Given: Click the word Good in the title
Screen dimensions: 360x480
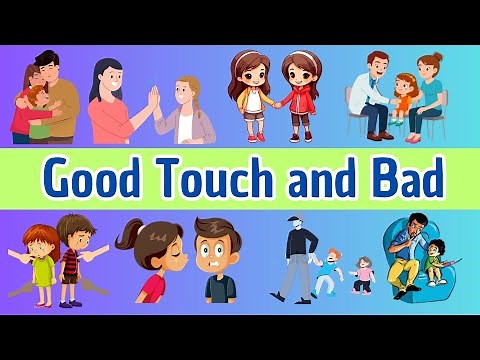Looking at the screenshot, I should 95,180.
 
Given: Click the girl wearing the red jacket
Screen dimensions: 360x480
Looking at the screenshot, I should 298,95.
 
